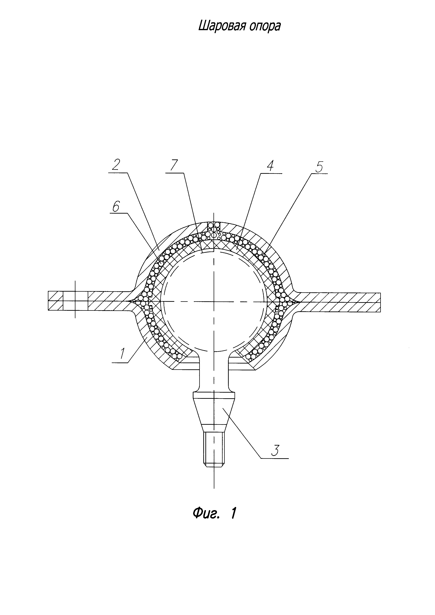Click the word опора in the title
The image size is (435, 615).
click(265, 26)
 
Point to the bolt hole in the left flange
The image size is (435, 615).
click(75, 301)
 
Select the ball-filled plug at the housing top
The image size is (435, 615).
click(214, 227)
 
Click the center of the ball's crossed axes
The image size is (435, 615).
click(214, 302)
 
